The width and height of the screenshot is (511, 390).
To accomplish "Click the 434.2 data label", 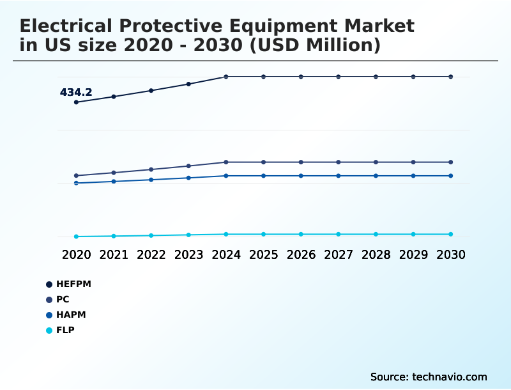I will point(76,92).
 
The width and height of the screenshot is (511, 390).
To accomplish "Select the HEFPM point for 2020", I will point(76,102).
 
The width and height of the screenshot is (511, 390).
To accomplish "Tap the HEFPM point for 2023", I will point(188,84).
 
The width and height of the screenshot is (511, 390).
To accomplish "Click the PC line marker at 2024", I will point(226,162).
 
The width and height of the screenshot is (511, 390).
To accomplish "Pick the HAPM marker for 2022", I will point(151,180).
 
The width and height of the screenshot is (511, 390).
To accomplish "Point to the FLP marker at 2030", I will point(451,234).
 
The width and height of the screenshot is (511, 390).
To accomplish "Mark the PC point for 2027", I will point(339,162).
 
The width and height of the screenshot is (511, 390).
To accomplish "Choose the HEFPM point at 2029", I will point(413,77).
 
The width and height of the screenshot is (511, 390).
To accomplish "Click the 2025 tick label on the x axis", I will point(263,254).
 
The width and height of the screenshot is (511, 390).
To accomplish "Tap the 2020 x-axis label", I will point(76,254).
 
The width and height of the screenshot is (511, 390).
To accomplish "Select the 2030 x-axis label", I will point(451,254).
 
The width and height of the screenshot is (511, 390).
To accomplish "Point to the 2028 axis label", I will point(376,254).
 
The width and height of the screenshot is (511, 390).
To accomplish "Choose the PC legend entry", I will point(63,299).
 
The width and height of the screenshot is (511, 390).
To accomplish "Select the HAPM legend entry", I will point(70,315).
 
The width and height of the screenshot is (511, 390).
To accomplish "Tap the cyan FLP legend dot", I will point(49,331).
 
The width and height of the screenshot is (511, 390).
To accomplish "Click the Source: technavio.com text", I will point(429,377).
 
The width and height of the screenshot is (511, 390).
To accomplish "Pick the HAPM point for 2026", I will point(301,176).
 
